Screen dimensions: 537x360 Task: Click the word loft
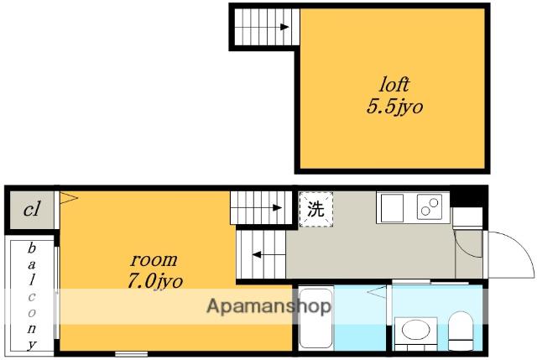click(x=394, y=84)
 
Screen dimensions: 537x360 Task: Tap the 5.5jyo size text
click(x=395, y=106)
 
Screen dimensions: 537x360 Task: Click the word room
click(x=154, y=260)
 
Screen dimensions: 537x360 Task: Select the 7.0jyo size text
click(x=155, y=282)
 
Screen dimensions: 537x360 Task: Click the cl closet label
click(x=32, y=209)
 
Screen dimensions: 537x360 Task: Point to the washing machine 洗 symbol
click(x=316, y=209)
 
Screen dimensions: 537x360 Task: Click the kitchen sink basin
click(x=393, y=208)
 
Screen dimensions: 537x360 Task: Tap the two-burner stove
click(x=429, y=206)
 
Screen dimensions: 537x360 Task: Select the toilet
click(x=461, y=331)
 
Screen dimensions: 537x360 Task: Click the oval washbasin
click(x=416, y=330)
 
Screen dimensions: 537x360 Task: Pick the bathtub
click(x=315, y=319)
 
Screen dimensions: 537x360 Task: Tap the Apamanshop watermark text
click(x=269, y=306)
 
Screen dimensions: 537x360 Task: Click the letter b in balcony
click(x=32, y=248)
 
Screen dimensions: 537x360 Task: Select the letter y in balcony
click(x=32, y=344)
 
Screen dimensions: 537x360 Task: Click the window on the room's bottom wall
click(x=132, y=353)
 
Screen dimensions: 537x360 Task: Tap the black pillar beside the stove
click(x=467, y=196)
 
